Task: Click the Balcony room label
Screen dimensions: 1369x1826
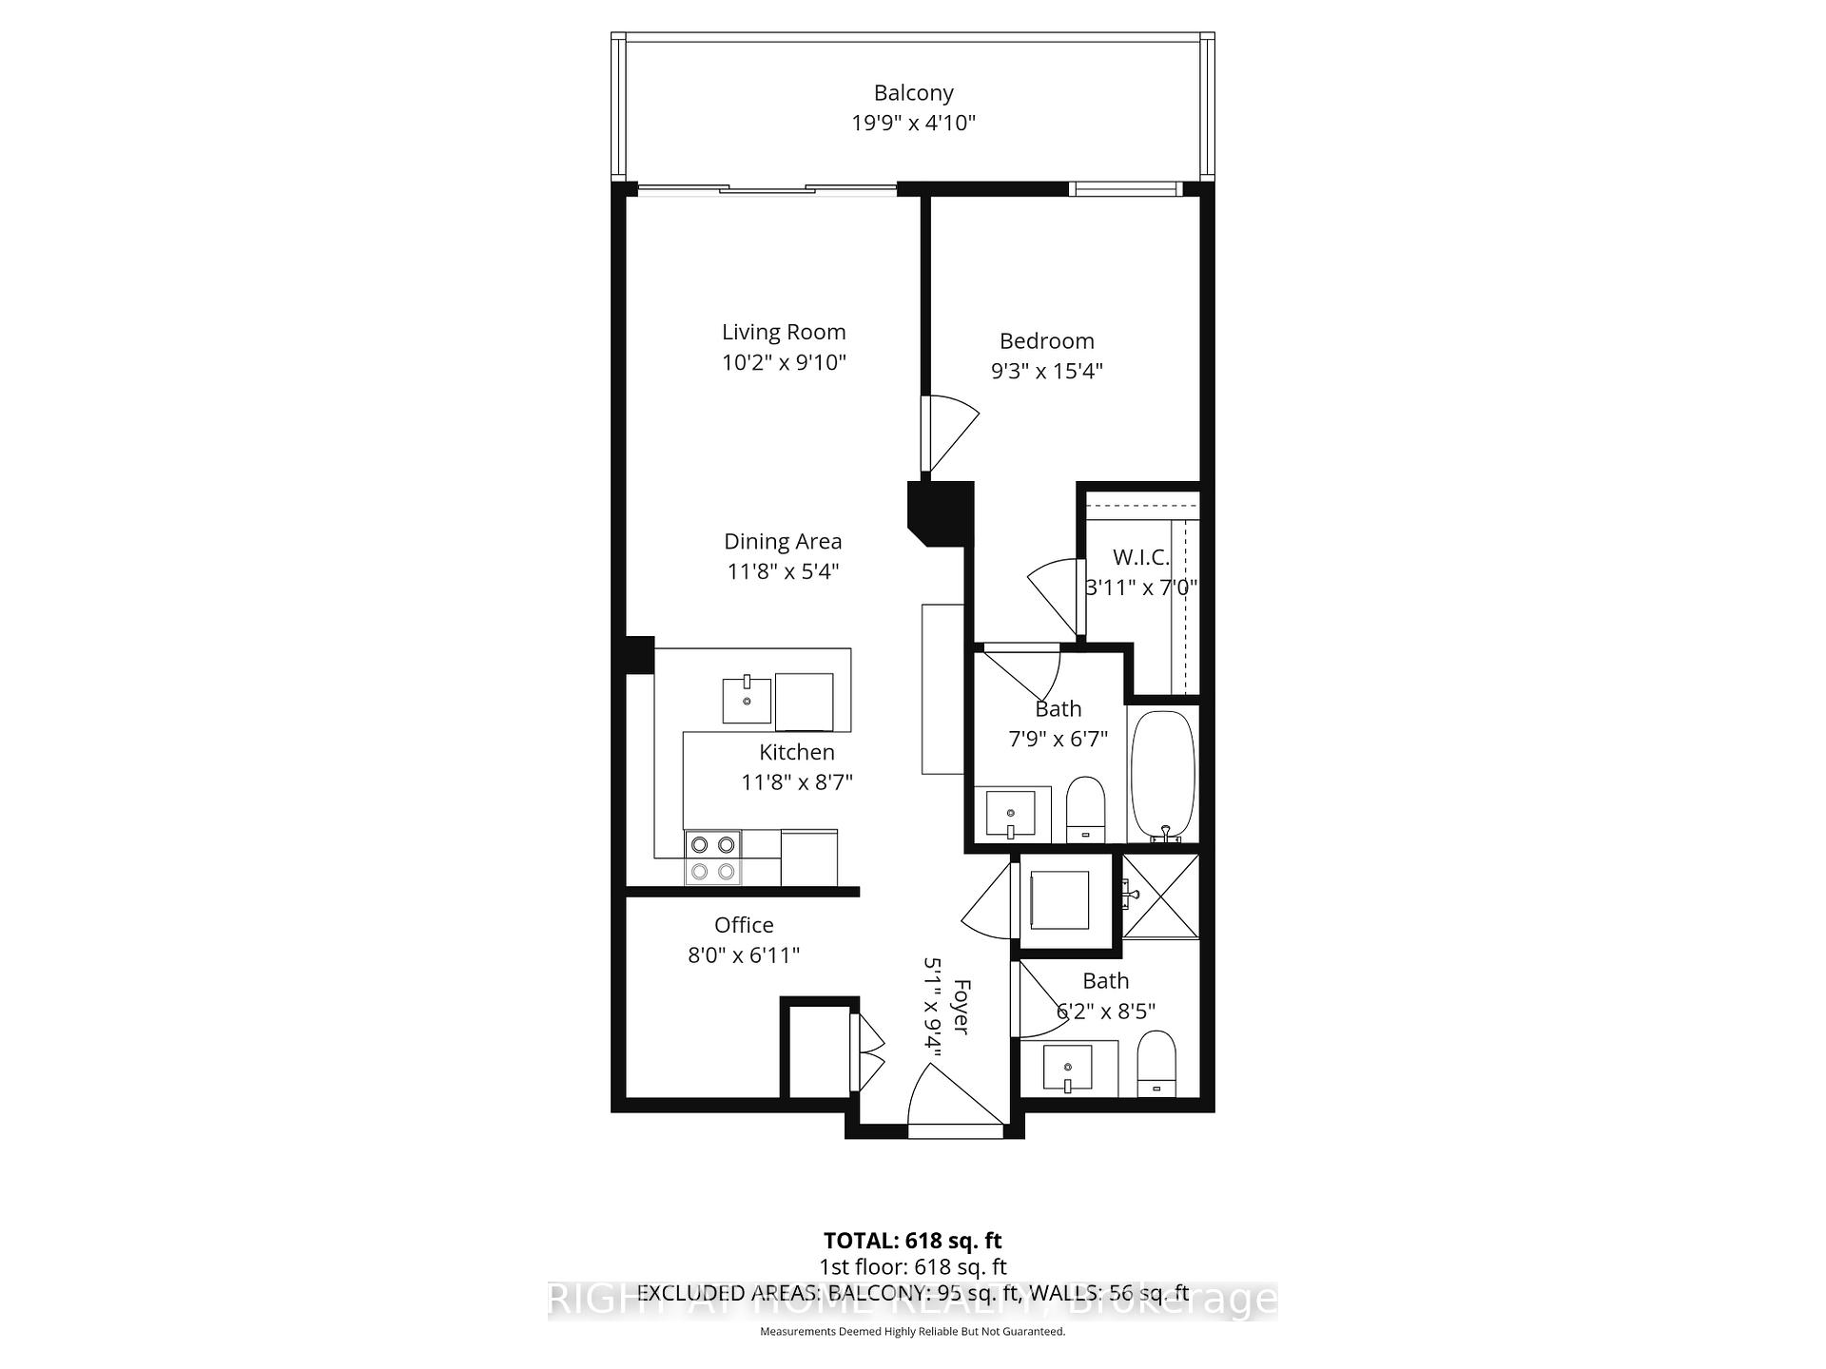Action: (x=913, y=93)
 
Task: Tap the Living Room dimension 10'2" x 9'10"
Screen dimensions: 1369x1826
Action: (x=784, y=362)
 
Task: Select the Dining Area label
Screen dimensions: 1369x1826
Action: (x=783, y=541)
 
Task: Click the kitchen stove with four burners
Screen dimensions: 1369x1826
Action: (x=713, y=858)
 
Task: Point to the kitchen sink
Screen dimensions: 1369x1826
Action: (x=747, y=701)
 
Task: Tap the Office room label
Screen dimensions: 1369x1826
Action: (x=744, y=925)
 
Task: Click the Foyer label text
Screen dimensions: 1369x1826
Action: (x=962, y=1007)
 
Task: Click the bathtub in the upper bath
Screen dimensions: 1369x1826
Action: (x=1162, y=775)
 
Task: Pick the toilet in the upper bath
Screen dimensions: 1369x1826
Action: (x=1085, y=809)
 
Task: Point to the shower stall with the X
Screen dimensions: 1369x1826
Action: (x=1161, y=897)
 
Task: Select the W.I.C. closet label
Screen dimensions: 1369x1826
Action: (x=1140, y=557)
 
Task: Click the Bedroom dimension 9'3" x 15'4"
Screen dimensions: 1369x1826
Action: (x=1046, y=371)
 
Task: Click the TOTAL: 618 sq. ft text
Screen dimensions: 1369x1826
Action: (x=912, y=1241)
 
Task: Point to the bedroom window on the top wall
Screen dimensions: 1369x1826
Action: (x=1125, y=189)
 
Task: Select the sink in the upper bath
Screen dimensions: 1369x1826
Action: (x=1010, y=814)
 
